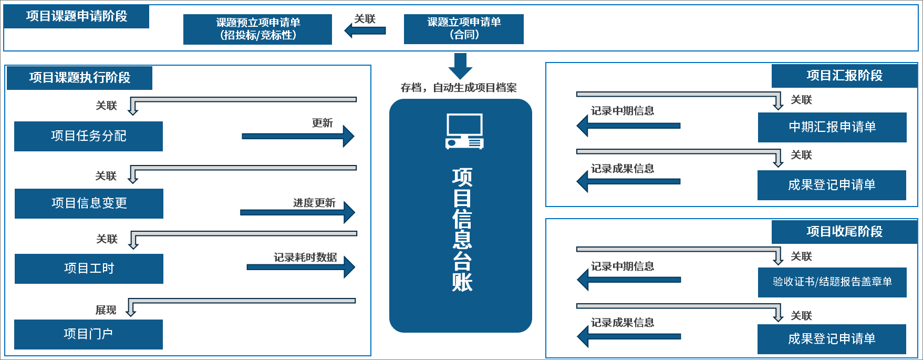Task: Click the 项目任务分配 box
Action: point(88,136)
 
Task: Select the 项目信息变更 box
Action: point(89,203)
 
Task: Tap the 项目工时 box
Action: point(89,269)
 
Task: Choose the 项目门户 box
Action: point(88,334)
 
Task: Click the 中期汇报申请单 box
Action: point(832,127)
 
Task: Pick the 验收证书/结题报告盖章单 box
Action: point(832,282)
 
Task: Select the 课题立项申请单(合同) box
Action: point(463,29)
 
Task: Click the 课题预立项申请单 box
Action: point(257,29)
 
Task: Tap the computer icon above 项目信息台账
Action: point(464,131)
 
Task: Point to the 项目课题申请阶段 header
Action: point(77,16)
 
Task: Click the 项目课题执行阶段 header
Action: point(79,78)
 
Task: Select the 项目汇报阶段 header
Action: point(844,76)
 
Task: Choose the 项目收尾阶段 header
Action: point(844,232)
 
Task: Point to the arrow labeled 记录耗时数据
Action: point(300,268)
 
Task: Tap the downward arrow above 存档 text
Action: point(460,66)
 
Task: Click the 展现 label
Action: point(106,310)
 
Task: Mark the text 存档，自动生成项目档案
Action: point(459,88)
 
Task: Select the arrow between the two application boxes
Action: point(366,30)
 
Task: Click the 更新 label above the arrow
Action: point(322,123)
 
